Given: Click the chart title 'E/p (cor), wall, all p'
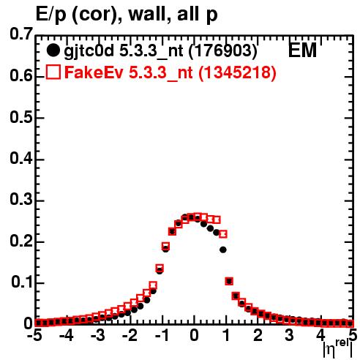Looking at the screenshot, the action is pyautogui.click(x=127, y=14).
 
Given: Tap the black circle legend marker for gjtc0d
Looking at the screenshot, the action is pyautogui.click(x=53, y=50).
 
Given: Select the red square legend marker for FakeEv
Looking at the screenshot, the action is pyautogui.click(x=53, y=72).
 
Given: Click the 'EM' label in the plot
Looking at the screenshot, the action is pyautogui.click(x=302, y=50).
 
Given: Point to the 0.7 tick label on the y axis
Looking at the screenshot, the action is pyautogui.click(x=21, y=34).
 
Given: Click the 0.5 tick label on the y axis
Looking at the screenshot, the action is pyautogui.click(x=21, y=117).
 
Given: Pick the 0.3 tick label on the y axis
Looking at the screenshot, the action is pyautogui.click(x=21, y=200).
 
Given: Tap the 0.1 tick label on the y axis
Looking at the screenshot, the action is pyautogui.click(x=22, y=282).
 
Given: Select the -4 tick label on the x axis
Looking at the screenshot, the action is pyautogui.click(x=66, y=335).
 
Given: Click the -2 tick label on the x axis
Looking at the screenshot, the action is pyautogui.click(x=130, y=335).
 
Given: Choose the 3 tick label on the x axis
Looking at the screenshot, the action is pyautogui.click(x=290, y=335).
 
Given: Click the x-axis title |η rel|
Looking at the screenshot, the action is pyautogui.click(x=338, y=349).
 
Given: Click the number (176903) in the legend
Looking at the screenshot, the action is pyautogui.click(x=223, y=50).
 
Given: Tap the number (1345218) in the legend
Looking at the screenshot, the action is pyautogui.click(x=237, y=72).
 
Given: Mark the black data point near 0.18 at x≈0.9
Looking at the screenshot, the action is pyautogui.click(x=223, y=250).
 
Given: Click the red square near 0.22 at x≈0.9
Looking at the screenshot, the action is pyautogui.click(x=223, y=234).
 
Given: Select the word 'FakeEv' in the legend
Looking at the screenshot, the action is pyautogui.click(x=94, y=72).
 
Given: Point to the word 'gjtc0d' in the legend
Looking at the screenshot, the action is pyautogui.click(x=89, y=52).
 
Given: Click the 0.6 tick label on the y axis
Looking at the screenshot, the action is pyautogui.click(x=21, y=76).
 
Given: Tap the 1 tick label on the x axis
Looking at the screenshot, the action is pyautogui.click(x=226, y=335).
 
